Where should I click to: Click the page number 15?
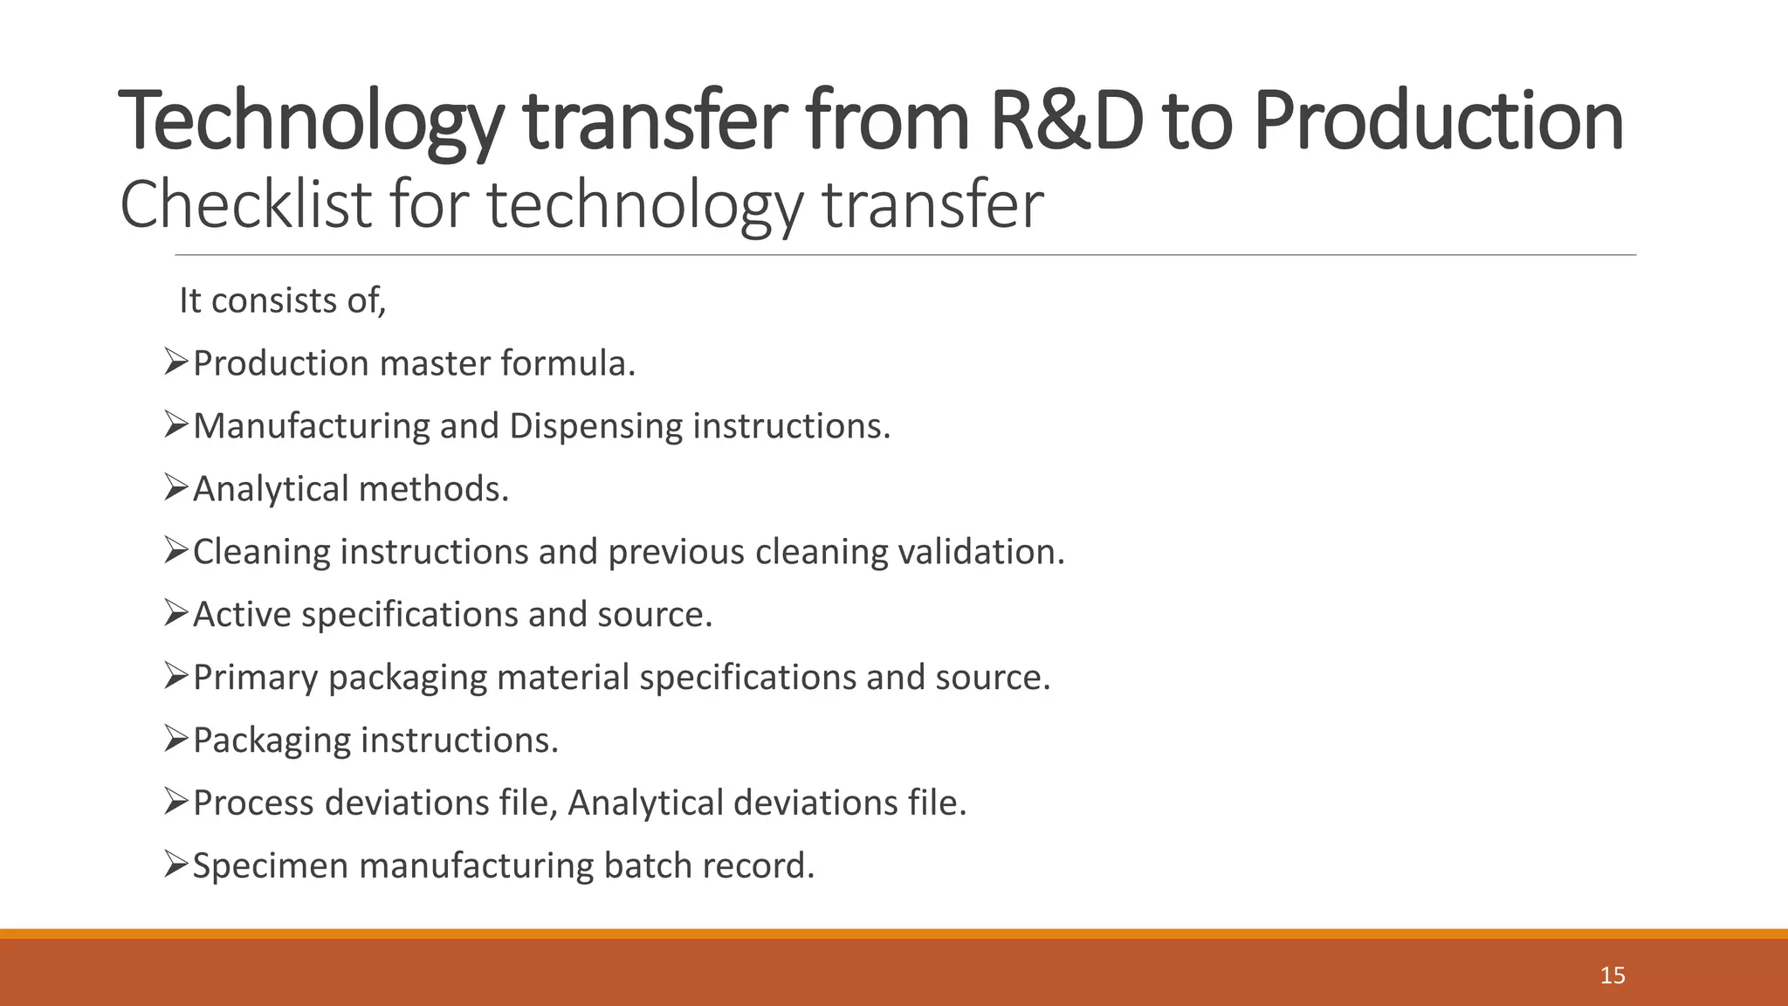pos(1613,975)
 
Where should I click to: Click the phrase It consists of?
pos(282,300)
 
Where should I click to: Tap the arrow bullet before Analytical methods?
pos(176,488)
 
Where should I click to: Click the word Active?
pos(242,615)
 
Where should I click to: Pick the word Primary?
pos(255,679)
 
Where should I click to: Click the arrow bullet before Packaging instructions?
pos(176,740)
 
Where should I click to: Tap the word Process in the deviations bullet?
pos(253,803)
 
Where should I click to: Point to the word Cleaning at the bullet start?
pos(261,553)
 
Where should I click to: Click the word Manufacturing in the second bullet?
pos(311,427)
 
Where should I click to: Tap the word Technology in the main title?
pos(310,122)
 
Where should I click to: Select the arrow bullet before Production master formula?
pos(176,362)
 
